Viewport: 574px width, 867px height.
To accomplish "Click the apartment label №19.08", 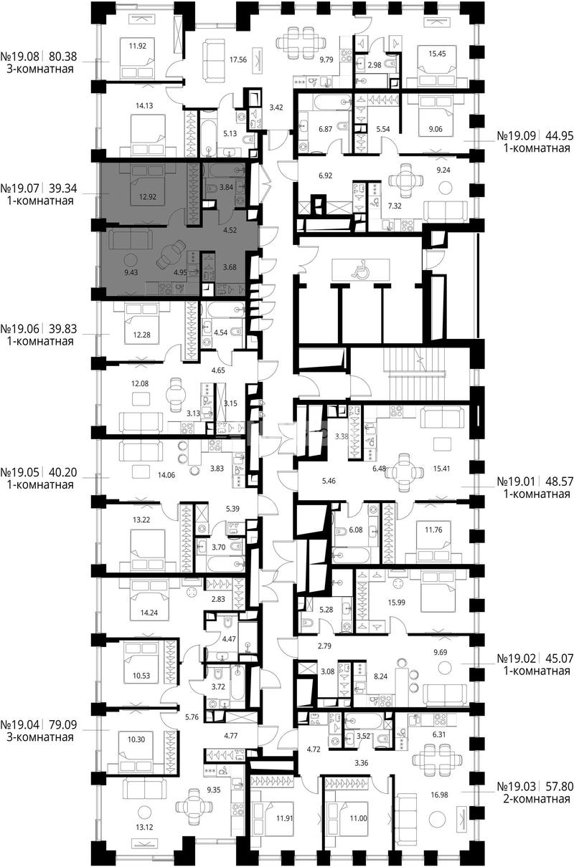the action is coord(20,57).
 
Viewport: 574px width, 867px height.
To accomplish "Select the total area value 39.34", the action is coord(63,188).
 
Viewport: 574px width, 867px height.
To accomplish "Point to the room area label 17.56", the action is coord(238,59).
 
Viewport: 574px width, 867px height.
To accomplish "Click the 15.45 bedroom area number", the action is coord(437,54).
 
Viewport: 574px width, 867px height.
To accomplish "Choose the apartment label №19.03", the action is coord(517,787).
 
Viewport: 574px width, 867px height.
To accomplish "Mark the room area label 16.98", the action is coord(439,795).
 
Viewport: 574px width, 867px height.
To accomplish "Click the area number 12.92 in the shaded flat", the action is coord(148,196).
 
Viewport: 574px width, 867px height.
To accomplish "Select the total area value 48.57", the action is coord(559,482).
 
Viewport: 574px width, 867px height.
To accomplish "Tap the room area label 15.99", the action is coord(397,603).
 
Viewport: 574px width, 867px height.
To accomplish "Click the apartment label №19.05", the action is coord(20,472).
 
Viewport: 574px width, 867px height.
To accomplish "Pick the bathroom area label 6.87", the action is coord(326,129).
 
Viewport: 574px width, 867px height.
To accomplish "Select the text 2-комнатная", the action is coord(537,799).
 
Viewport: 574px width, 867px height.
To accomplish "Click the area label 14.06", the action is coord(166,475).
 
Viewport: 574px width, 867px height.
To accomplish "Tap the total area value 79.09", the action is coord(63,724).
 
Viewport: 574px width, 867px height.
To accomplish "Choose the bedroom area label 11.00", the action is coord(358,818).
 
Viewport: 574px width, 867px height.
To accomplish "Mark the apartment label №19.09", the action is coord(517,135).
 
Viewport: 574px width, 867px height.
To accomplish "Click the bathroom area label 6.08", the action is coord(356,530).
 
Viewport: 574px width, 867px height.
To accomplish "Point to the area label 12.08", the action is coord(139,383).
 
